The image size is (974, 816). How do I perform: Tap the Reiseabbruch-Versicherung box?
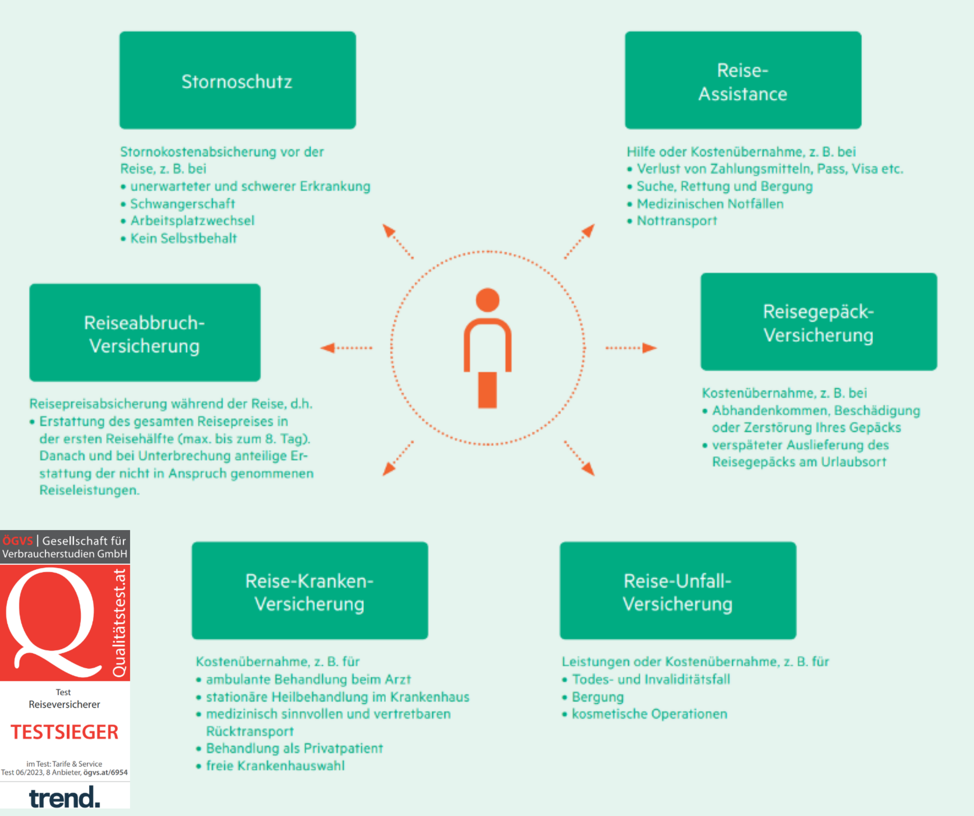[145, 332]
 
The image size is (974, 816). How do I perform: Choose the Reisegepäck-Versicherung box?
[819, 322]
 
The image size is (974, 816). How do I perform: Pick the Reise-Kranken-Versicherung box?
[310, 590]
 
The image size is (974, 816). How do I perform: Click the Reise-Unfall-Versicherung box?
[678, 590]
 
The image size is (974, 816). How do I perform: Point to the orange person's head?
[487, 300]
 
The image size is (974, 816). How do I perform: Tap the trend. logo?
[65, 798]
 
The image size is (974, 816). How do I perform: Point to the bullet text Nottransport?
[677, 221]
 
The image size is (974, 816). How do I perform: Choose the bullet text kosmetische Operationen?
[649, 714]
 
